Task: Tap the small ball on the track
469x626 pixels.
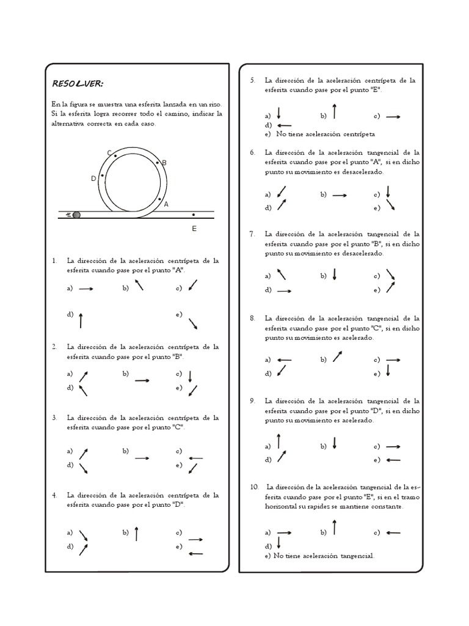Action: pyautogui.click(x=76, y=215)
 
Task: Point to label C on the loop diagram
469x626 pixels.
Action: pyautogui.click(x=109, y=153)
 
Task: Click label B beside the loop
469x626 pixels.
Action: pyautogui.click(x=164, y=163)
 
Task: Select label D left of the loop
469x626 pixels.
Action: pyautogui.click(x=93, y=179)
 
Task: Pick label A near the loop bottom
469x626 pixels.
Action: pyautogui.click(x=165, y=205)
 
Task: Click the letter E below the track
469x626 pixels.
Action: pyautogui.click(x=194, y=229)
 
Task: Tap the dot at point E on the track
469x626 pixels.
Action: pyautogui.click(x=194, y=215)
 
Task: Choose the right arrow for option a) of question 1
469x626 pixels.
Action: pyautogui.click(x=85, y=289)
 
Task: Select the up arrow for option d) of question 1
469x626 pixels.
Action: pyautogui.click(x=81, y=319)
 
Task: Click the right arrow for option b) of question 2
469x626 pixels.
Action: pyautogui.click(x=142, y=380)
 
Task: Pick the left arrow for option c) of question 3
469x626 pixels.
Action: pyautogui.click(x=195, y=458)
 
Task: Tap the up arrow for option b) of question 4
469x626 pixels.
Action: pyautogui.click(x=136, y=534)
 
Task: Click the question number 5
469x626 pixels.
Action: pyautogui.click(x=252, y=80)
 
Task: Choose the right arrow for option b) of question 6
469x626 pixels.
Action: pyautogui.click(x=340, y=195)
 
